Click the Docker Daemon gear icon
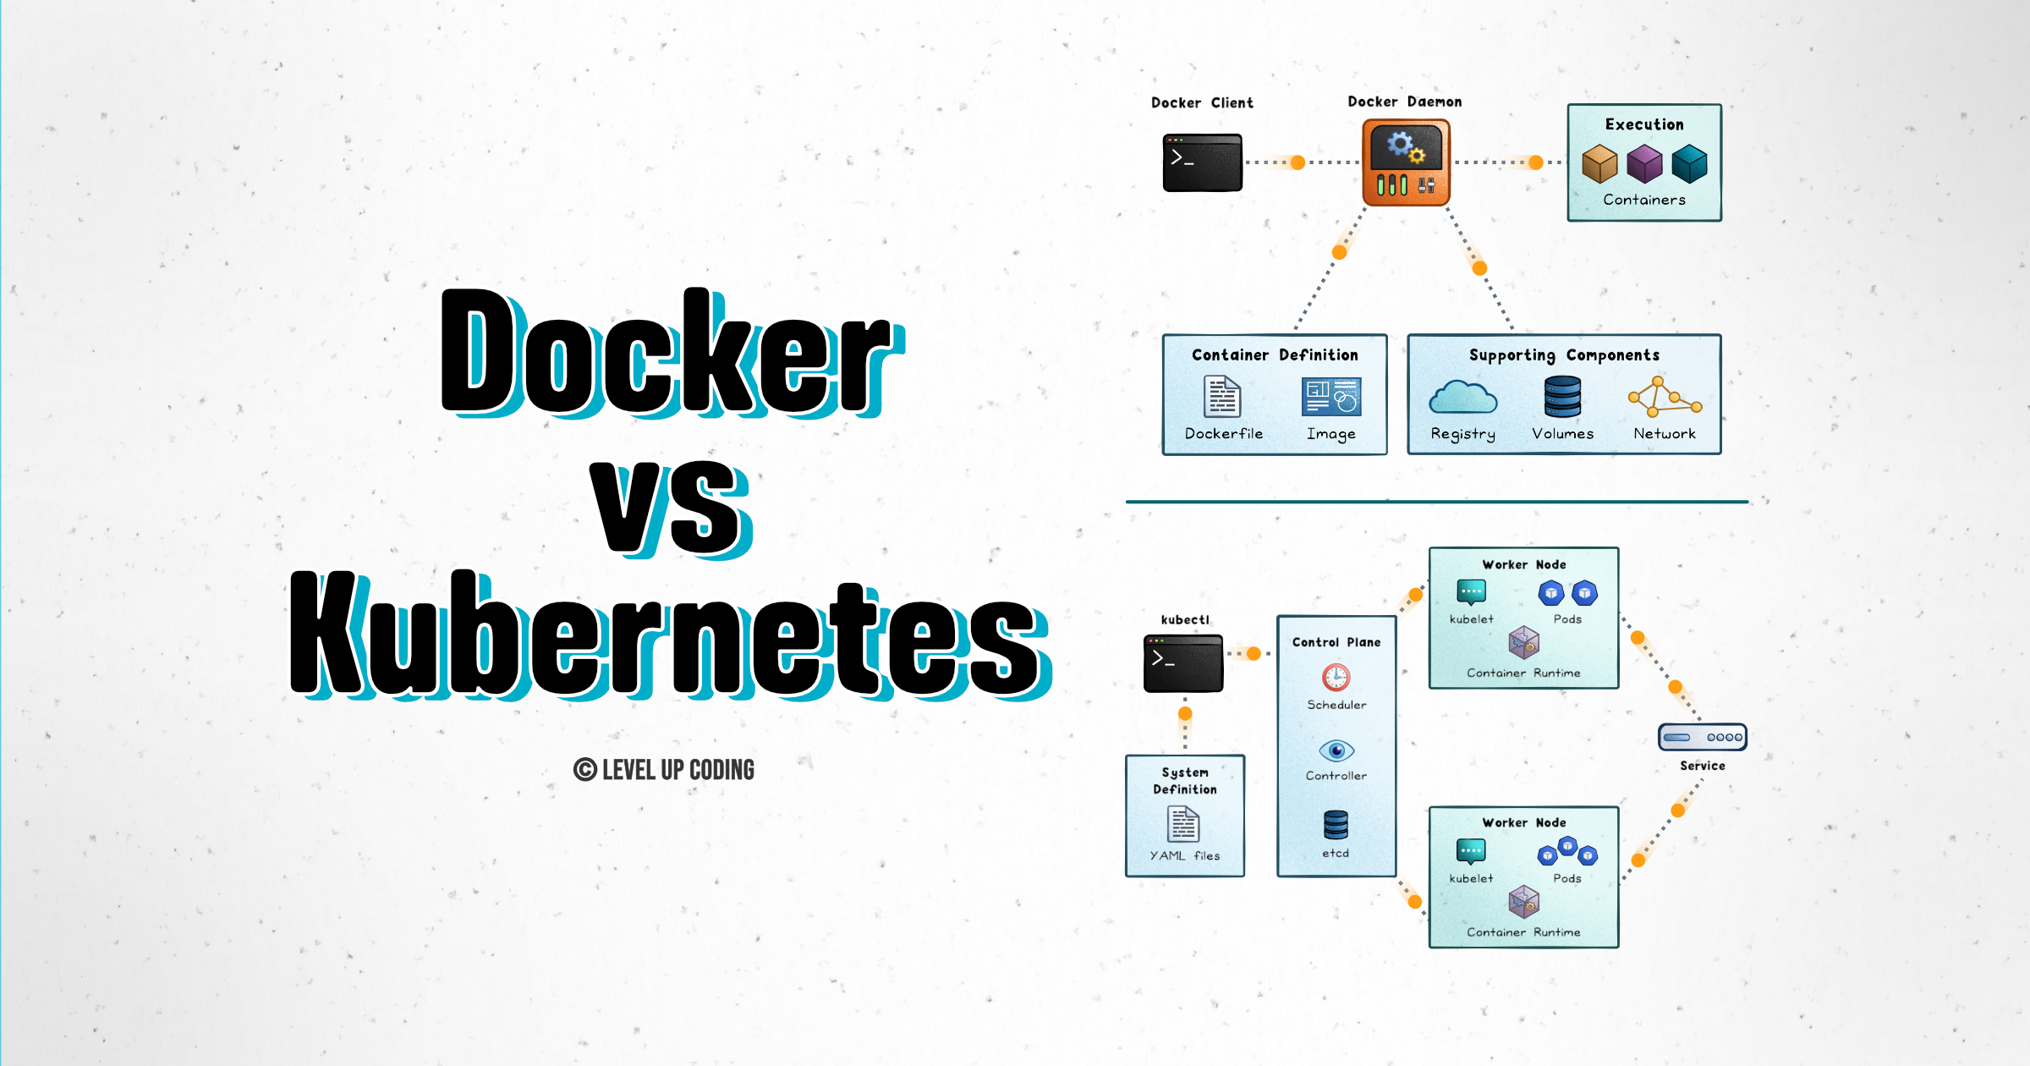(1406, 162)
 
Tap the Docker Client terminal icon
(1202, 162)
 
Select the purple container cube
(1644, 163)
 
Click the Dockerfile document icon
(1222, 396)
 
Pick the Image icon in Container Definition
(1331, 397)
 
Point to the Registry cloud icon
(1462, 397)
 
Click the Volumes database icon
(1562, 397)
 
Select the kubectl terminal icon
(1183, 663)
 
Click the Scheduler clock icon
(1336, 677)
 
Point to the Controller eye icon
(1336, 750)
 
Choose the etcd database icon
(1336, 824)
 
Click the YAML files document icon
(1183, 823)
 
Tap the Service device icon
(1703, 737)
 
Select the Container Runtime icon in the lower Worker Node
(1523, 902)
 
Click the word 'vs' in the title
(671, 509)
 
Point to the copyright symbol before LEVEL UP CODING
(584, 770)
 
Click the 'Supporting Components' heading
(1564, 355)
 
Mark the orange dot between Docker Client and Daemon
(1298, 162)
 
